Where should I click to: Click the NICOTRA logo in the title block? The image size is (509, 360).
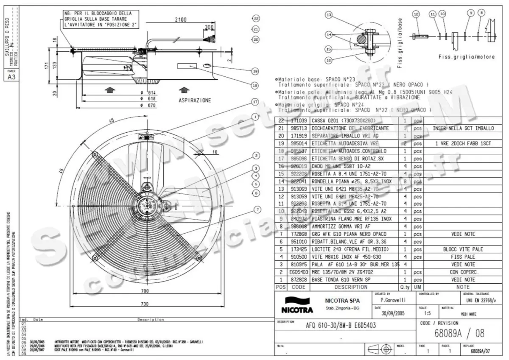(297, 310)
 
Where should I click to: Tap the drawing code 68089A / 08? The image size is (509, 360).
(459, 333)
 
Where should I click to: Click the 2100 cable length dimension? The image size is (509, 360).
(181, 20)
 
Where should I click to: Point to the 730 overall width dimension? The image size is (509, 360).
(145, 304)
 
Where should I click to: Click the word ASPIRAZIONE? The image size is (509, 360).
(195, 100)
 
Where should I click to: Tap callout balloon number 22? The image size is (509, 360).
(256, 19)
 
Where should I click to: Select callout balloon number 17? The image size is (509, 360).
(255, 102)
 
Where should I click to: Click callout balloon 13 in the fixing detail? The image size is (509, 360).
(329, 15)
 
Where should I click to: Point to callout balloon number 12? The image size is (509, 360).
(416, 14)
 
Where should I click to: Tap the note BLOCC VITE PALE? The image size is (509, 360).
(463, 249)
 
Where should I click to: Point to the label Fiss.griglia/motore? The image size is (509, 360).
(467, 56)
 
